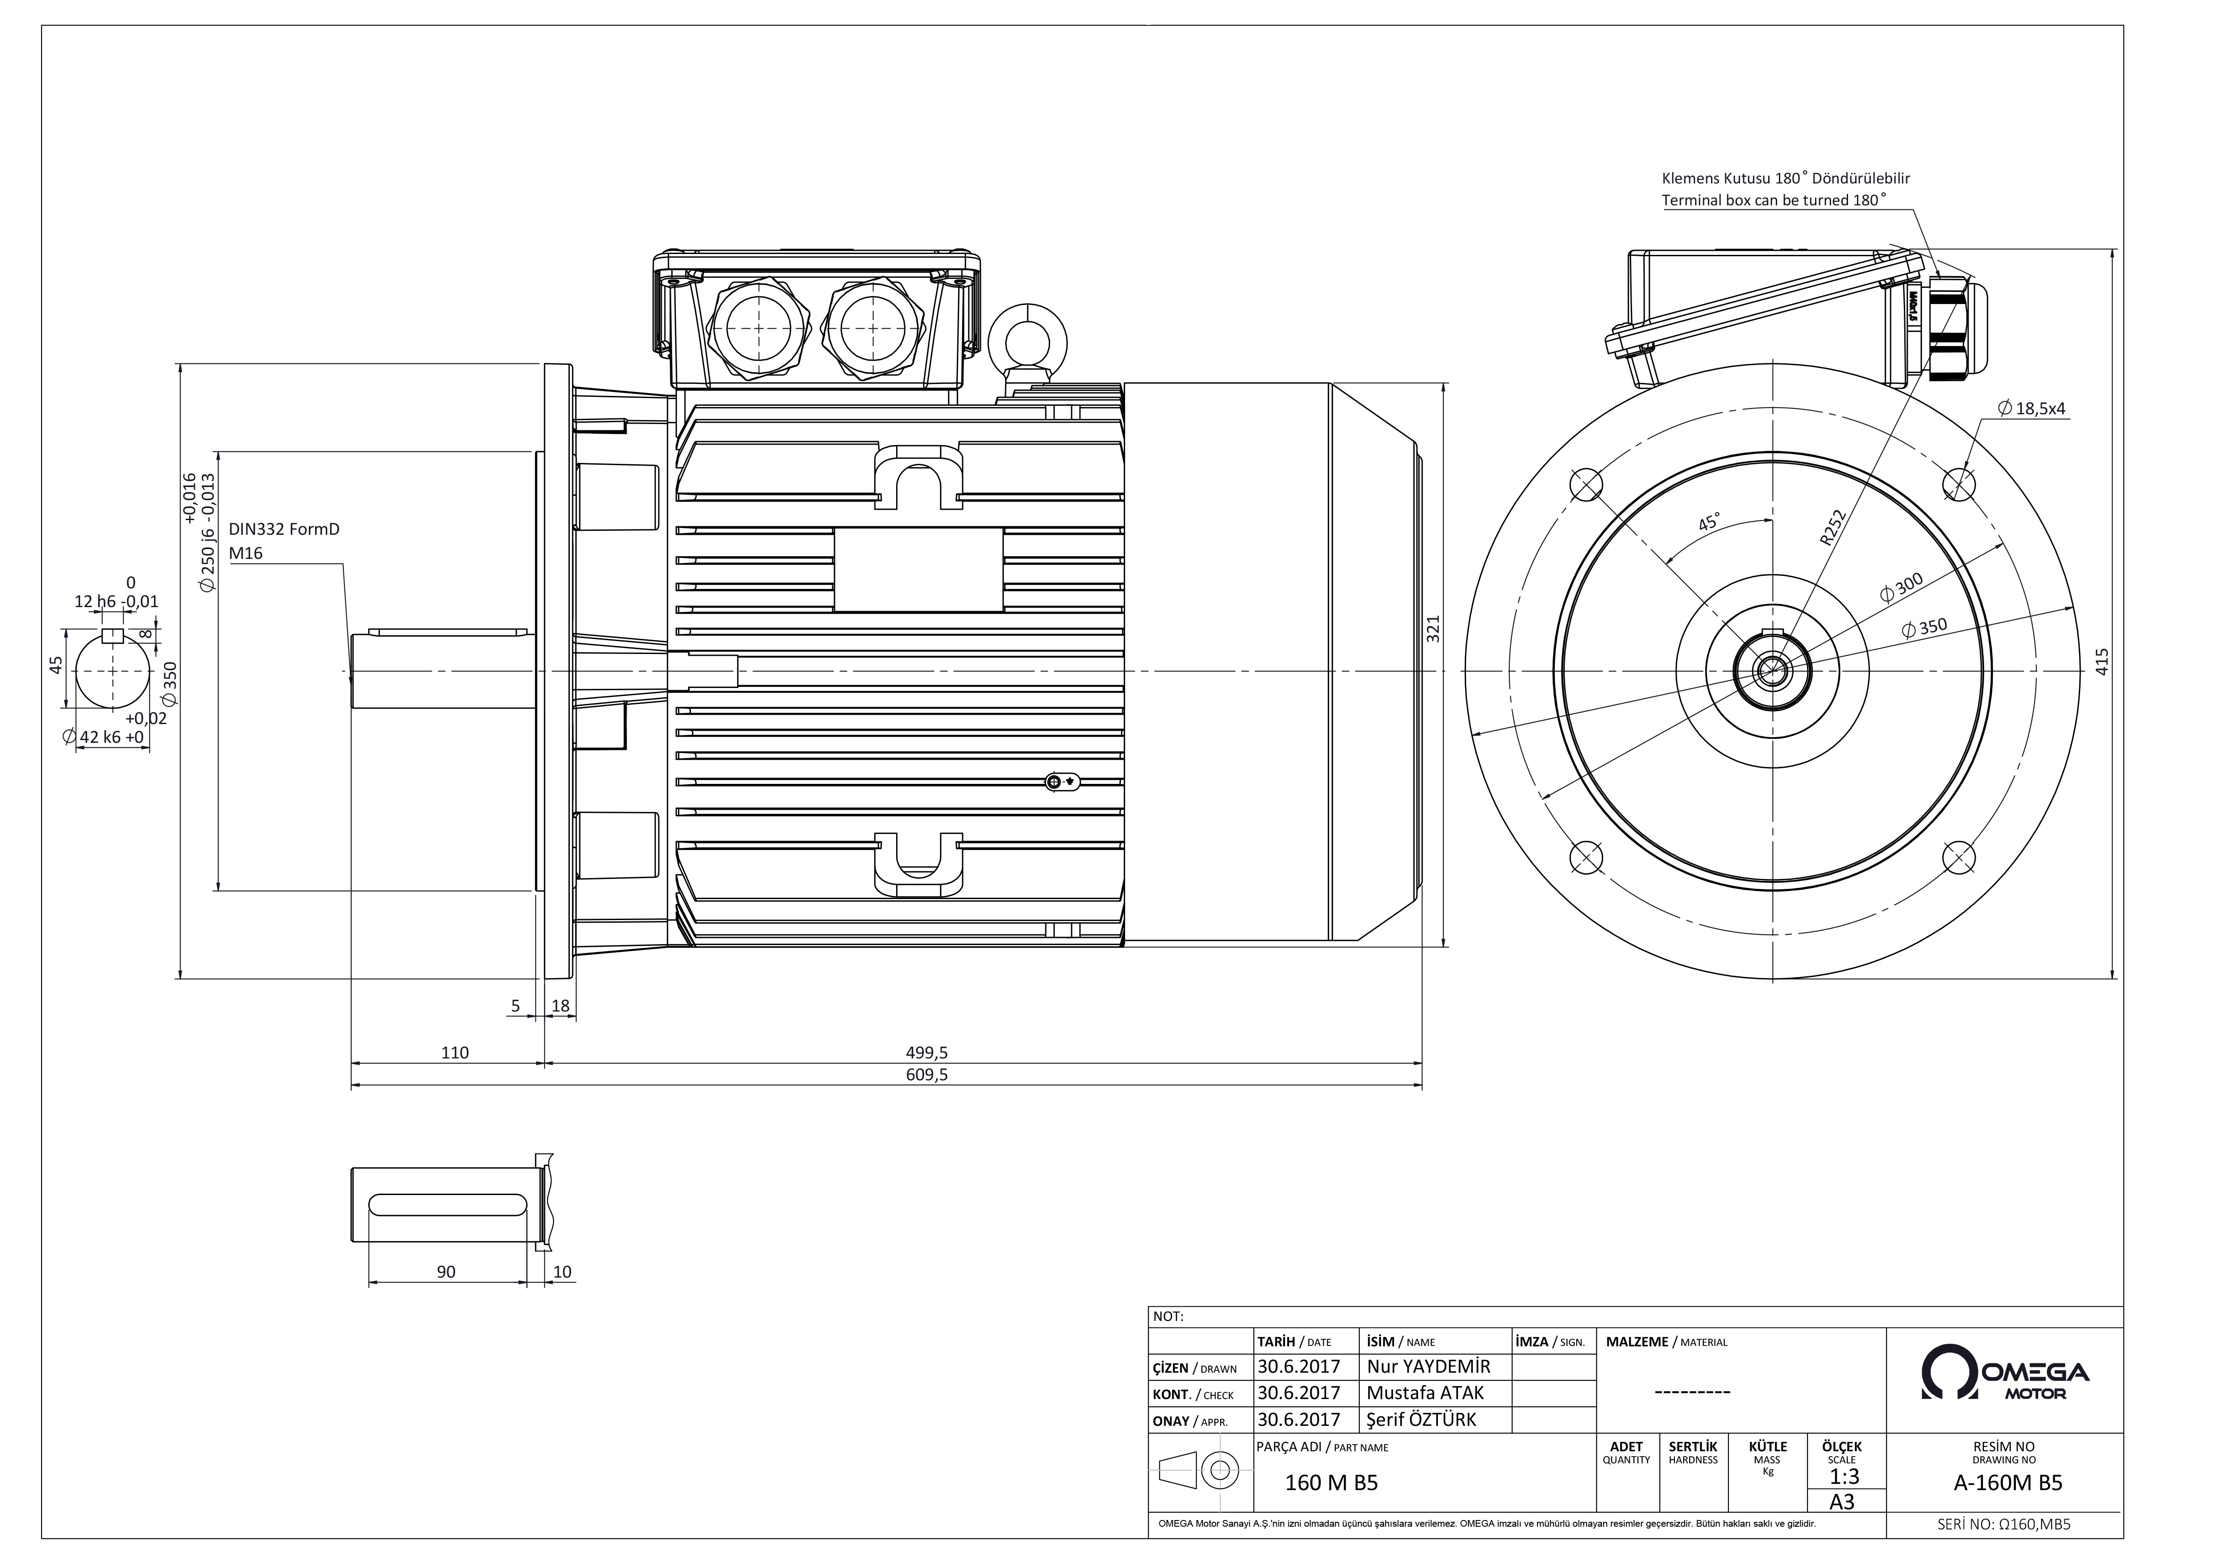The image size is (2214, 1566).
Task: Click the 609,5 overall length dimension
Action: click(x=926, y=1075)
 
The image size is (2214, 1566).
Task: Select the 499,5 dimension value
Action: click(x=926, y=1053)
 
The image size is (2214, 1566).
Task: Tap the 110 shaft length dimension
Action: click(x=454, y=1053)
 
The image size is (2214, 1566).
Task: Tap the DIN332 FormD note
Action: click(x=283, y=529)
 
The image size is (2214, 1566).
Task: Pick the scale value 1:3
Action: click(x=1844, y=1476)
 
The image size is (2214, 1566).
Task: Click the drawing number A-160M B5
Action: click(x=2008, y=1483)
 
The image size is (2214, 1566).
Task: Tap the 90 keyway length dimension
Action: click(x=445, y=1272)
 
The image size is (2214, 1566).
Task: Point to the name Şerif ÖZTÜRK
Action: click(x=1421, y=1420)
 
